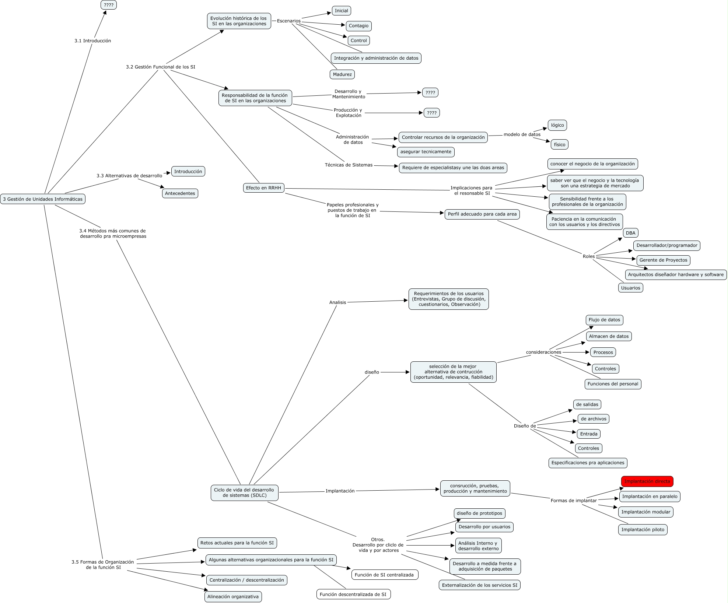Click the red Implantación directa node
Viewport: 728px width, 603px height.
647,481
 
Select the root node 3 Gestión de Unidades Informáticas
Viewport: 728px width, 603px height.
43,199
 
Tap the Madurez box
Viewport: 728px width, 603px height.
342,74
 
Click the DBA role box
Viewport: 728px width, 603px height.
630,233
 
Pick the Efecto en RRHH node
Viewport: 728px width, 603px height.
263,188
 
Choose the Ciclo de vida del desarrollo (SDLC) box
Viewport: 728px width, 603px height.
244,492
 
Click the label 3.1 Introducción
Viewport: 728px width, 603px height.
92,41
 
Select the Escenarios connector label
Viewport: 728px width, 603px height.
288,21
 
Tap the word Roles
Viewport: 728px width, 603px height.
588,256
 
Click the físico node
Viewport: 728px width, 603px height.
559,144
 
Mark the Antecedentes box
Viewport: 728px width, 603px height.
180,193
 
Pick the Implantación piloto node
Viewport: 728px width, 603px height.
643,530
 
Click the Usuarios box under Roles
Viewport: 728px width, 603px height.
630,288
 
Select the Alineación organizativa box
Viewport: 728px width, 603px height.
233,596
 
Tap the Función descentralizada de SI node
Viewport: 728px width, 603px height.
353,594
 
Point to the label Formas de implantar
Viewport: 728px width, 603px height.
573,501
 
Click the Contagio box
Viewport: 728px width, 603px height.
358,26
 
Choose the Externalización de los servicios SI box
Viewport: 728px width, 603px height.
479,585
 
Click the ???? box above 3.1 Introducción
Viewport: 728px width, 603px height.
108,5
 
